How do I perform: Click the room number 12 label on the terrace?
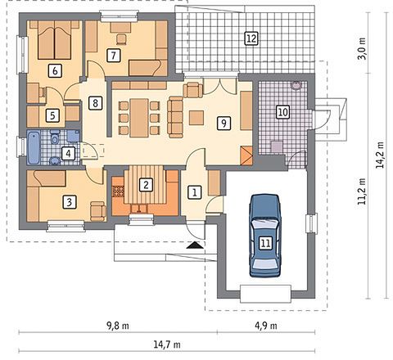[x=251, y=38]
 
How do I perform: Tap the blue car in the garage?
[x=265, y=236]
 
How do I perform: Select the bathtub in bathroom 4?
[x=34, y=147]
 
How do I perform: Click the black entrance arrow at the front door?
[x=195, y=245]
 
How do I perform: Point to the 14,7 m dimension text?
[x=167, y=344]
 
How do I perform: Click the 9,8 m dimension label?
[x=118, y=326]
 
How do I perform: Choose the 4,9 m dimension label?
[x=266, y=326]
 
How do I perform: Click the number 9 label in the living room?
[x=224, y=123]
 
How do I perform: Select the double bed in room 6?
[x=55, y=40]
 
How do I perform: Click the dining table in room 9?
[x=139, y=118]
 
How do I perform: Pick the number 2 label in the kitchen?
[x=146, y=185]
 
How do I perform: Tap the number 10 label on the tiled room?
[x=282, y=112]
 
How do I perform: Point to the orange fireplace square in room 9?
[x=246, y=155]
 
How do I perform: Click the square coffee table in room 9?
[x=196, y=118]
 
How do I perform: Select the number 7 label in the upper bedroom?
[x=113, y=56]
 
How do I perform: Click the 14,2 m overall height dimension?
[x=380, y=155]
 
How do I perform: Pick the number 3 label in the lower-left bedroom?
[x=69, y=202]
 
